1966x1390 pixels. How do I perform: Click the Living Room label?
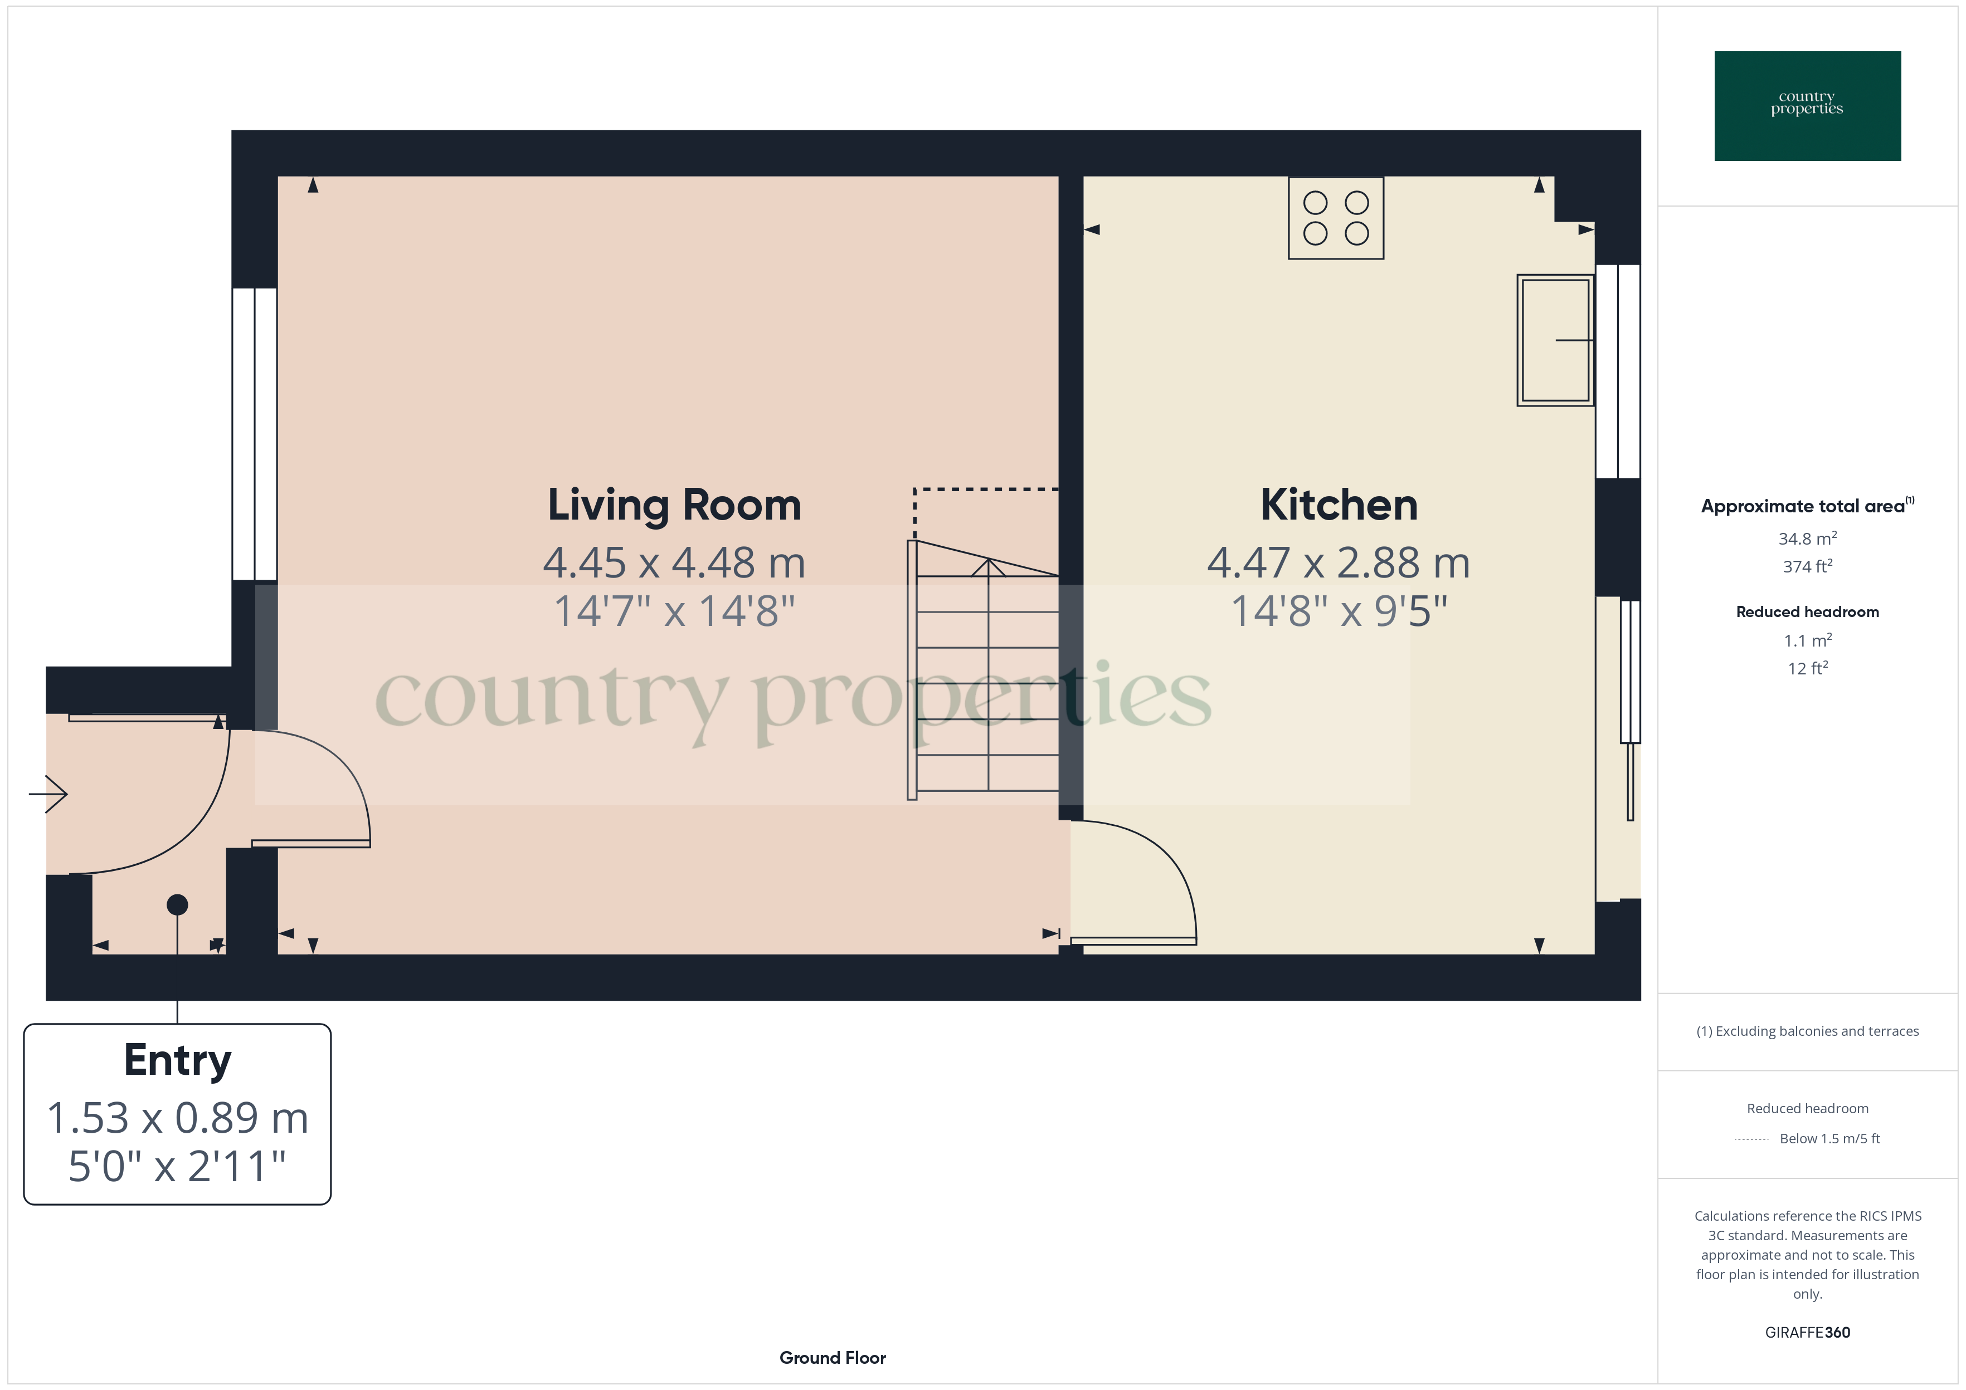pos(674,505)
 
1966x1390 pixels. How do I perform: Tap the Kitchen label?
pos(1339,505)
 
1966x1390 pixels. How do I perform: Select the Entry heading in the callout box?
pos(177,1060)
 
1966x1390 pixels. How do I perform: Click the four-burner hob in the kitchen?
pos(1336,218)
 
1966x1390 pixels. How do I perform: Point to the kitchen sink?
pos(1554,340)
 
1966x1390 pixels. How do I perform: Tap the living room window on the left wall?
pos(254,434)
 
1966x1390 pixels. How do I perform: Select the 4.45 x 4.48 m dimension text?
pos(674,563)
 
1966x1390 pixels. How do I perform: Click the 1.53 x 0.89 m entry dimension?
pos(177,1118)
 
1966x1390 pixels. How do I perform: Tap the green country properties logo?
pos(1807,106)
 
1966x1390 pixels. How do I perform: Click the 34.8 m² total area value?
pos(1807,539)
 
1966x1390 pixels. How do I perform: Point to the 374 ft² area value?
pos(1807,566)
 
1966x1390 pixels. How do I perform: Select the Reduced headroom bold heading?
pos(1807,612)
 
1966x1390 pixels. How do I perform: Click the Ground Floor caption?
pos(833,1358)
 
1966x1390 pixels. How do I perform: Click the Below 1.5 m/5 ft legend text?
pos(1829,1138)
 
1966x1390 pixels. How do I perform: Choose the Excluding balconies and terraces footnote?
pos(1807,1031)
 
